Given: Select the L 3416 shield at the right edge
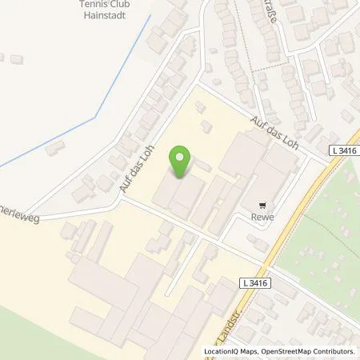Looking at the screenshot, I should (345, 150).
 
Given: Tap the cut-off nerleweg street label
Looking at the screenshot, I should (18, 216).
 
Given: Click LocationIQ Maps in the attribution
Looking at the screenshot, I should (232, 351).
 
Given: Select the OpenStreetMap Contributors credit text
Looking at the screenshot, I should (307, 351).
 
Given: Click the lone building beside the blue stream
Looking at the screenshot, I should (54, 147).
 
